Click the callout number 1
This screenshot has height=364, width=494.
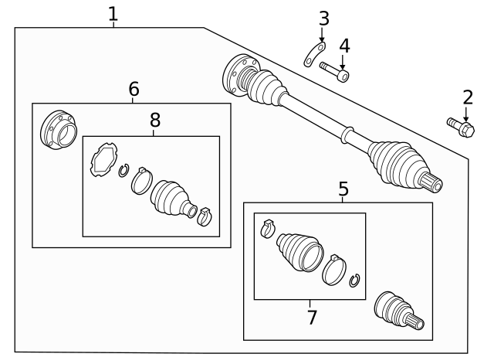click(113, 14)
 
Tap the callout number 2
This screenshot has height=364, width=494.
click(467, 97)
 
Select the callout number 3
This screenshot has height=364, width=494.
click(323, 18)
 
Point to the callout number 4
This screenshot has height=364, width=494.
click(344, 46)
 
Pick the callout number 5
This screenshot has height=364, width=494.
click(343, 188)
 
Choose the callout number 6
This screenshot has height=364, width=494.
click(134, 90)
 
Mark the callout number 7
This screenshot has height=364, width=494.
click(311, 317)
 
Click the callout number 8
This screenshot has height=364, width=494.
click(155, 120)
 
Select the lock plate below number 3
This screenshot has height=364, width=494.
click(313, 55)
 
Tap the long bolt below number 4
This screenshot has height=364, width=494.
click(334, 71)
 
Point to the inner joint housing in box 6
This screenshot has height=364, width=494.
click(59, 131)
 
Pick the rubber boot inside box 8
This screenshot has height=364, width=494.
click(171, 197)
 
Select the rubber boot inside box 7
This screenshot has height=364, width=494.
click(299, 250)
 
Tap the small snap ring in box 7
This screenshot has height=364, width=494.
click(354, 281)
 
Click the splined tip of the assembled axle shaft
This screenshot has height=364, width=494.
click(434, 184)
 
